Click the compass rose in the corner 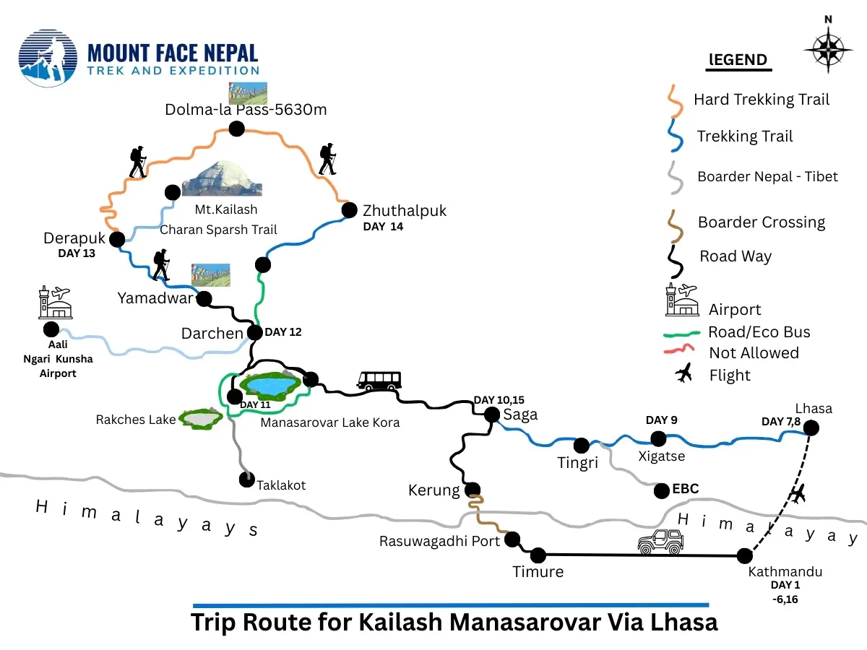828,49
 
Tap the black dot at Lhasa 811,428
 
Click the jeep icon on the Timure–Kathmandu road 660,542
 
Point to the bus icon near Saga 379,380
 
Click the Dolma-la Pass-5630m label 237,110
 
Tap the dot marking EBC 660,491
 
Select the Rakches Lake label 136,420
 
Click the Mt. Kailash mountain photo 222,178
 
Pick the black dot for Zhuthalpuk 350,210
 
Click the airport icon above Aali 55,302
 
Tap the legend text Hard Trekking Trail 761,100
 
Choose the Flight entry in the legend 730,375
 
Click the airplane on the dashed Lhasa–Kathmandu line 797,495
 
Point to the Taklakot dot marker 247,478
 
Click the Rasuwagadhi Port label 439,541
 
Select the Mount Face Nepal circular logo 48,58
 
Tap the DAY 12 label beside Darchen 283,332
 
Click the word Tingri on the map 577,463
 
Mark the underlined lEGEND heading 738,60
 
